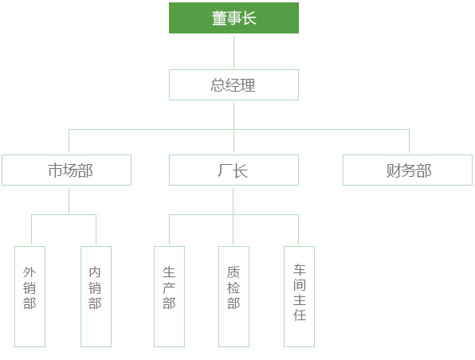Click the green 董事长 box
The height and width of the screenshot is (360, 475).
(234, 18)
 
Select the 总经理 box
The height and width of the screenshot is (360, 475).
(234, 84)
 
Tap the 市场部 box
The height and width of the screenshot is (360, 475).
(67, 170)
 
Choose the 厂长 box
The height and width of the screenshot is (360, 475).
(234, 170)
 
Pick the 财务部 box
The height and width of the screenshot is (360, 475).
(408, 170)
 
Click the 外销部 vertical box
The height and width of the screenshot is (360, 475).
(30, 296)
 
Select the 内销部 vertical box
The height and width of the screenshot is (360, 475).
(96, 296)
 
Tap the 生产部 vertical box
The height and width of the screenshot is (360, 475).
(169, 296)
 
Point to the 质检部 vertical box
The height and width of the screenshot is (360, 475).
(234, 296)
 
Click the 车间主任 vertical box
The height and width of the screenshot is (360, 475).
(300, 296)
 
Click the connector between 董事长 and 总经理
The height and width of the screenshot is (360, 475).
(234, 52)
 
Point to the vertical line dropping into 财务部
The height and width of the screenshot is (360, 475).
(410, 141)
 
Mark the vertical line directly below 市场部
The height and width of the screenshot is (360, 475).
(69, 202)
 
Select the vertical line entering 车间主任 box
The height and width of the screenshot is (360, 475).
(298, 229)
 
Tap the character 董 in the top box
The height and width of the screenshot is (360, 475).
(219, 18)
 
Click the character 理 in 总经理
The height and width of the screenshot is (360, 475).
(248, 85)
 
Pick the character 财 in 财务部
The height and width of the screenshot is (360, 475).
(394, 170)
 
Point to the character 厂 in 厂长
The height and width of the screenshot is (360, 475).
(225, 170)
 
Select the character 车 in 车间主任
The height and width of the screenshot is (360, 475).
(300, 270)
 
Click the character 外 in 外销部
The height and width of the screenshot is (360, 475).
(29, 272)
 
